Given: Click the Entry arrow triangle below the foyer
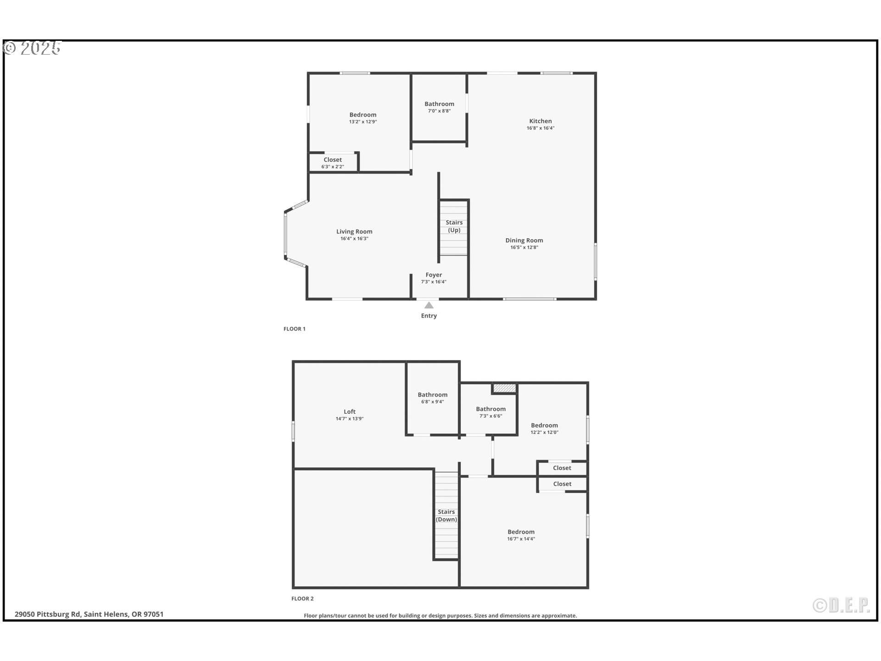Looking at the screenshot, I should pyautogui.click(x=429, y=305).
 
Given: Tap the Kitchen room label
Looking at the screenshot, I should pyautogui.click(x=540, y=121).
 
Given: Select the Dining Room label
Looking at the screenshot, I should pyautogui.click(x=524, y=240).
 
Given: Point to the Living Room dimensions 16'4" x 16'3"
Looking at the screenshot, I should pyautogui.click(x=354, y=239).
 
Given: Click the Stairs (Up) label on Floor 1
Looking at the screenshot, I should pyautogui.click(x=454, y=226).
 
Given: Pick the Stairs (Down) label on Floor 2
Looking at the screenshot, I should pyautogui.click(x=446, y=515).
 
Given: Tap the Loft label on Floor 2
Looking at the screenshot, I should pyautogui.click(x=350, y=412).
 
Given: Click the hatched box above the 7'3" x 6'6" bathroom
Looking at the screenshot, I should pyautogui.click(x=504, y=388).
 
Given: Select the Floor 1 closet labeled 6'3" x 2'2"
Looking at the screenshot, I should pyautogui.click(x=333, y=162).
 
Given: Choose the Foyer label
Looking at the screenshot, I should pyautogui.click(x=434, y=275).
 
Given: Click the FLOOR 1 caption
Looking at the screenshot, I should pyautogui.click(x=294, y=329).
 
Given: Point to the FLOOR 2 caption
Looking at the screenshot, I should pyautogui.click(x=302, y=599).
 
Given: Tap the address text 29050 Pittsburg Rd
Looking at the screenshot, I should pyautogui.click(x=89, y=614).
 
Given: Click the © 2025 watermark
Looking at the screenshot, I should pyautogui.click(x=32, y=48).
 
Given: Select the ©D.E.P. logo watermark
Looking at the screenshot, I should pyautogui.click(x=841, y=605).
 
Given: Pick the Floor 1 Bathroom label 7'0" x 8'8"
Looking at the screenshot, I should pyautogui.click(x=439, y=104).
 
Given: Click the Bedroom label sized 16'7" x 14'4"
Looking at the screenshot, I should pyautogui.click(x=521, y=532).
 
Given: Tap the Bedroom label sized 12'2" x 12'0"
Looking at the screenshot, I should pyautogui.click(x=544, y=426).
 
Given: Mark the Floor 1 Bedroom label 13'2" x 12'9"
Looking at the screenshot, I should pyautogui.click(x=362, y=115).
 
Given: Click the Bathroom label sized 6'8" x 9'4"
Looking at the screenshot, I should pyautogui.click(x=432, y=395).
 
